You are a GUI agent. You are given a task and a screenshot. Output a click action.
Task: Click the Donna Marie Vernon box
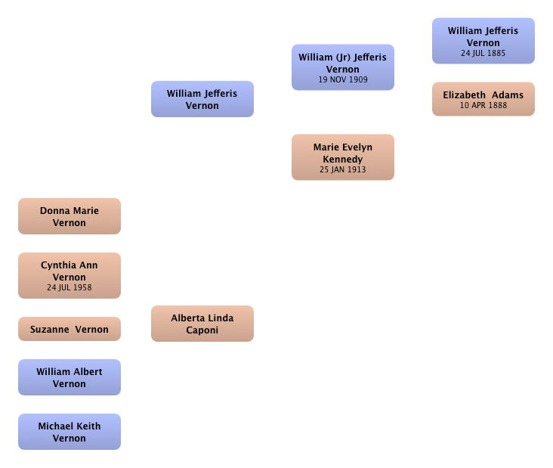tap(70, 216)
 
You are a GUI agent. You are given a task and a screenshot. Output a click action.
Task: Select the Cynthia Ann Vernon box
tap(70, 276)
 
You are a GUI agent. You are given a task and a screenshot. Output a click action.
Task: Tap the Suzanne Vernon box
tap(70, 329)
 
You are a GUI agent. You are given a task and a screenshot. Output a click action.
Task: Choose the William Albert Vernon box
tap(70, 377)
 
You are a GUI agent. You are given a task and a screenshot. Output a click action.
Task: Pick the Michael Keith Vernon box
tap(70, 432)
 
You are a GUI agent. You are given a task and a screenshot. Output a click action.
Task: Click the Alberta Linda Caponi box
tap(202, 324)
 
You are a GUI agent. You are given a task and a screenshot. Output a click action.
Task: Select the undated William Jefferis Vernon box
tap(202, 99)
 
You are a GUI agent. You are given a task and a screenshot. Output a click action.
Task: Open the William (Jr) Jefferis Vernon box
tap(343, 67)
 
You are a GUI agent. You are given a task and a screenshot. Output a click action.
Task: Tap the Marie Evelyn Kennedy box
tap(343, 157)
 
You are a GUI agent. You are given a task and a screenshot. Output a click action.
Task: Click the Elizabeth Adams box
tap(483, 99)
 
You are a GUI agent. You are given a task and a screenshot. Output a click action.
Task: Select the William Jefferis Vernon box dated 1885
tap(483, 41)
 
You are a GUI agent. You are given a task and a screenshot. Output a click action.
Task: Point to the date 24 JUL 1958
tap(70, 287)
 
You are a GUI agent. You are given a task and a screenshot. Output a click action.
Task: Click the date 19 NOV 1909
tap(343, 80)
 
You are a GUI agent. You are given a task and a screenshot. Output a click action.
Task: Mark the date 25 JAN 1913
tap(343, 170)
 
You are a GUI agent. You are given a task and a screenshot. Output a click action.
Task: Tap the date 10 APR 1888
tap(483, 105)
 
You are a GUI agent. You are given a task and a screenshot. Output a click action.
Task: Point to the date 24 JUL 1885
tap(483, 53)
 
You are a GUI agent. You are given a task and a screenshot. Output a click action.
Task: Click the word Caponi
tap(202, 330)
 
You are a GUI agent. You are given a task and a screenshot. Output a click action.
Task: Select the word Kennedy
tap(343, 160)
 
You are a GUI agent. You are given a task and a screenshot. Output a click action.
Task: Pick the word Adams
tap(508, 95)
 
